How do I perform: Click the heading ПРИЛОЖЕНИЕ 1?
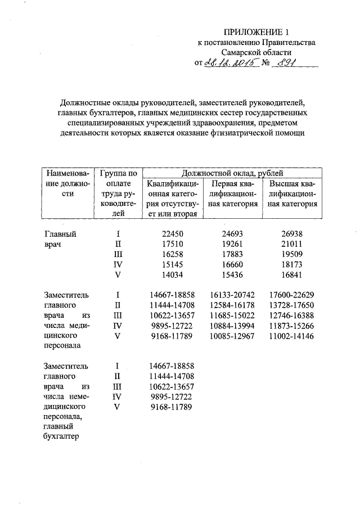click(x=256, y=31)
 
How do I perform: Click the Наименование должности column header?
click(x=68, y=183)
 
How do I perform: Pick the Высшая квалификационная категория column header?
click(x=292, y=194)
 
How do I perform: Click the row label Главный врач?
click(x=60, y=239)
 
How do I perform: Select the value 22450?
click(x=172, y=233)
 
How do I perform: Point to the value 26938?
click(x=291, y=233)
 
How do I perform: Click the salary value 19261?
click(x=231, y=244)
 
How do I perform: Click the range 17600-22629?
click(x=291, y=295)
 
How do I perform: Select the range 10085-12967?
click(x=231, y=336)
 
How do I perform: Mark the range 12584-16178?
click(x=231, y=305)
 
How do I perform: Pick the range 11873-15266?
click(x=291, y=326)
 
